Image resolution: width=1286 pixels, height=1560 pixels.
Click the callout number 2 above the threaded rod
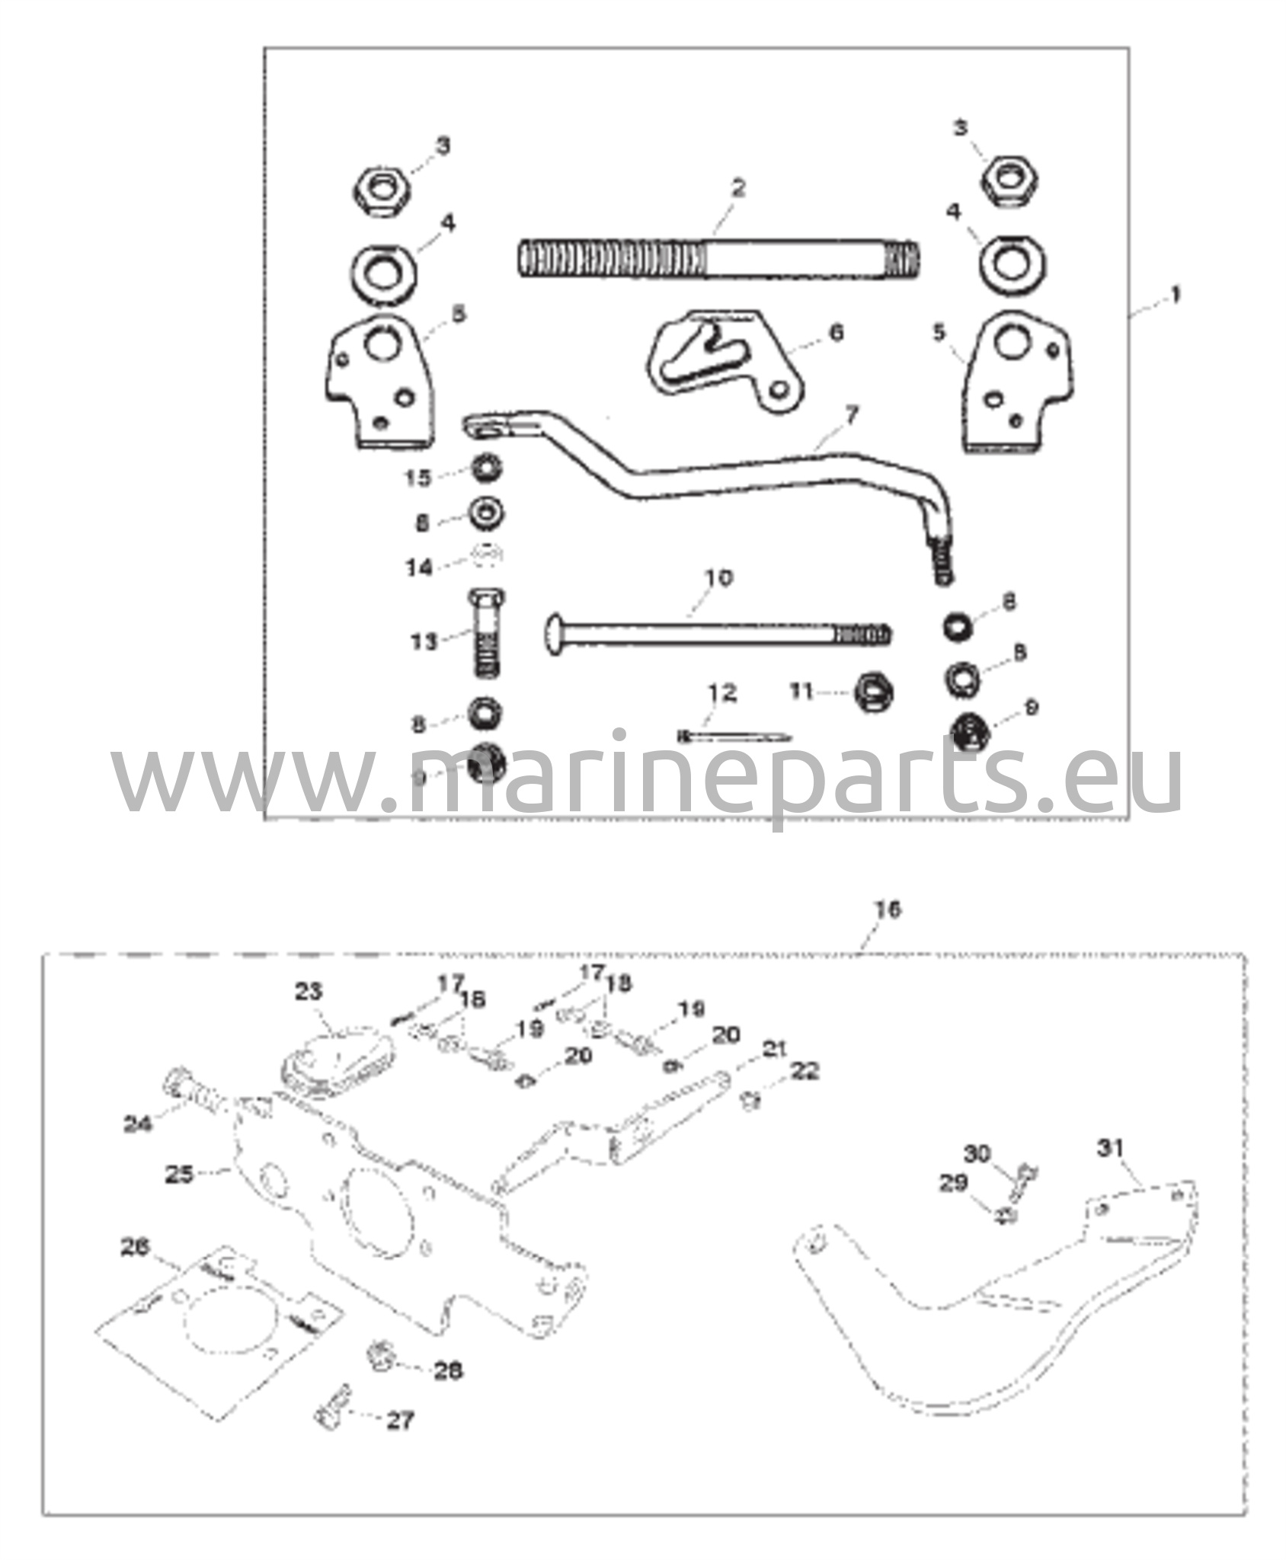coord(737,188)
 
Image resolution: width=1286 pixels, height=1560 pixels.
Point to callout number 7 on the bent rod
coord(851,416)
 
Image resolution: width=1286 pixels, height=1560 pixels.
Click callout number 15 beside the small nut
coord(418,478)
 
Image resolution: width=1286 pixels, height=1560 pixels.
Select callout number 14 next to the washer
coord(418,567)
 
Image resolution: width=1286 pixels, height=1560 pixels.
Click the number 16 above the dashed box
coord(888,909)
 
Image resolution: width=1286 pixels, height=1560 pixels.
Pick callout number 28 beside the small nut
coord(447,1370)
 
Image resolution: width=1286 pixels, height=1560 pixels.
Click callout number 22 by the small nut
coord(805,1071)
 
